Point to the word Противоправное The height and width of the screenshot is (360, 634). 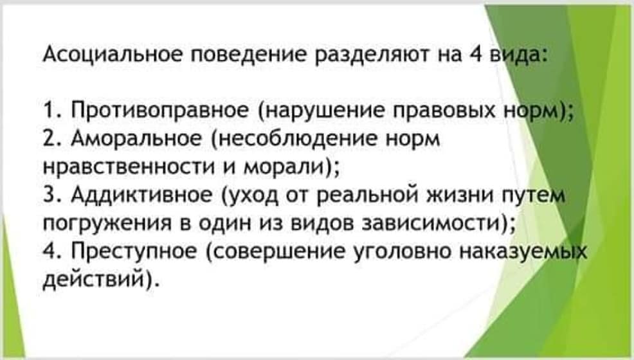(x=160, y=111)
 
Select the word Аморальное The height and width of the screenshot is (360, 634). (x=136, y=139)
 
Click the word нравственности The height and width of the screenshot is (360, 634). (x=129, y=167)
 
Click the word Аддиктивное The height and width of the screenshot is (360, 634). (x=141, y=195)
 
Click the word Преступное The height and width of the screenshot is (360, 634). (x=134, y=251)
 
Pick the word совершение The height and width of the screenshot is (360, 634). (x=276, y=251)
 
